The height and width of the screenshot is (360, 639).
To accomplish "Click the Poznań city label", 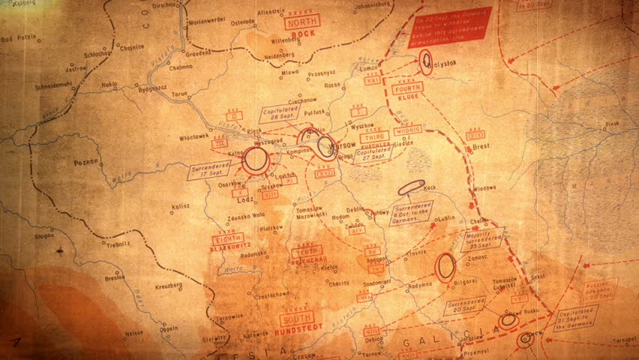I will (87, 161).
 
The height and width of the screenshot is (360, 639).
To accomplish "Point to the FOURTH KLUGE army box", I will (407, 88).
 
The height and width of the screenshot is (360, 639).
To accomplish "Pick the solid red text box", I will (449, 26).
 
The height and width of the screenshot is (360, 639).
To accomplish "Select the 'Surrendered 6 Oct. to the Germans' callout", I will (412, 211).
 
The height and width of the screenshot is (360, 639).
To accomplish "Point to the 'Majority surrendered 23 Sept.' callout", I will (482, 239).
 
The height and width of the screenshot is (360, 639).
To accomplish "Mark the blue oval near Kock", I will (411, 187).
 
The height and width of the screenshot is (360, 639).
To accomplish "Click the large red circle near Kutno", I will (256, 160).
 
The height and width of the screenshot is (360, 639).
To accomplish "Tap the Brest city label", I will (481, 148).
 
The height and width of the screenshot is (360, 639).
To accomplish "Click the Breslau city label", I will (115, 277).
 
